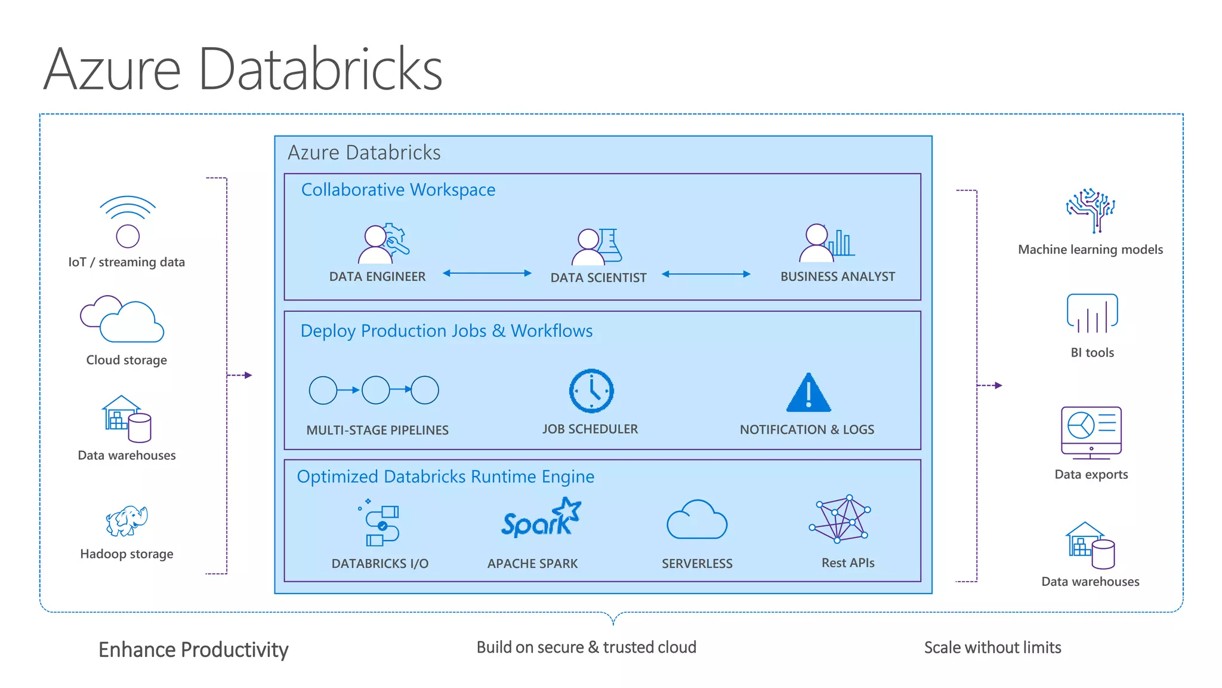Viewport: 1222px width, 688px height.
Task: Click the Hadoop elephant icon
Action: [126, 521]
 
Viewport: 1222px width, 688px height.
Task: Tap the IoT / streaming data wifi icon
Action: [128, 221]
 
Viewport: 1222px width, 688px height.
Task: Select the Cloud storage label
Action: [126, 360]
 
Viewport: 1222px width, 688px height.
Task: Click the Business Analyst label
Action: [837, 277]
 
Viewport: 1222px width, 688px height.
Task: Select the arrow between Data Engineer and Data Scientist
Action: [487, 273]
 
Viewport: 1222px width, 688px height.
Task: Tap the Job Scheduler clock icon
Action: [591, 391]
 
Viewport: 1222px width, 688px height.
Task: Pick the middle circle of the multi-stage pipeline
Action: [376, 390]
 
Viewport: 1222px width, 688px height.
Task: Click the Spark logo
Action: [540, 519]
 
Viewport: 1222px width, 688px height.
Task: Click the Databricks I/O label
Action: [379, 563]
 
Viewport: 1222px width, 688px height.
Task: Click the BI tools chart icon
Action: [1092, 314]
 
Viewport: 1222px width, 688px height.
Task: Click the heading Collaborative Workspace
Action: [398, 189]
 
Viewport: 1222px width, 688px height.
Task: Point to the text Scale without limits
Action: [992, 647]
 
